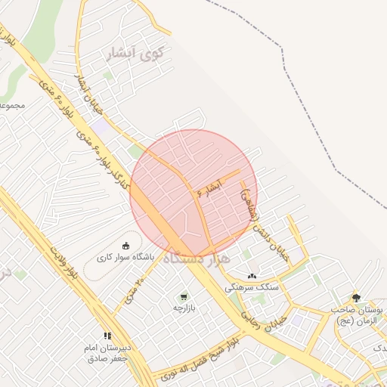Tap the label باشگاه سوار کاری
click(125, 258)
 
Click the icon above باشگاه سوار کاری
click(125, 246)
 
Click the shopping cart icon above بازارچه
click(184, 297)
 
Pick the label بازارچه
click(184, 308)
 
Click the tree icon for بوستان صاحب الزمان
click(356, 298)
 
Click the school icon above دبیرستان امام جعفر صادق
click(107, 336)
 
